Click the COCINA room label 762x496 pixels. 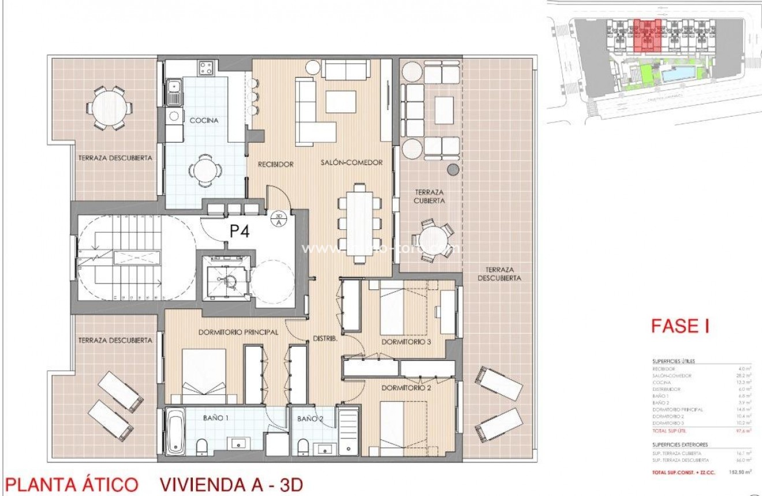click(x=204, y=120)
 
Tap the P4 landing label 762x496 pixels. click(x=239, y=232)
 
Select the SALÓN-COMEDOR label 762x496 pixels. click(x=352, y=163)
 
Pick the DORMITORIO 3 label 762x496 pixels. click(x=406, y=342)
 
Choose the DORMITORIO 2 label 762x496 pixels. click(x=406, y=388)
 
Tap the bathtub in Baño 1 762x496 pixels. click(x=175, y=431)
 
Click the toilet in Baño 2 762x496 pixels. click(x=302, y=446)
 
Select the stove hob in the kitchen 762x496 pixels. click(x=206, y=68)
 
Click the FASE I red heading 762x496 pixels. click(x=679, y=326)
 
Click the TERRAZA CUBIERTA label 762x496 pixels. click(x=429, y=196)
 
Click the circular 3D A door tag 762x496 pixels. click(x=279, y=218)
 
